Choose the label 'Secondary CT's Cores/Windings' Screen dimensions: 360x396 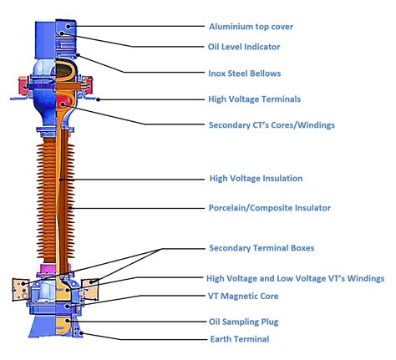tap(272, 125)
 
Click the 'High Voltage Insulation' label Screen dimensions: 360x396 tap(255, 178)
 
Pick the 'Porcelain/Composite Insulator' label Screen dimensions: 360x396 tap(269, 207)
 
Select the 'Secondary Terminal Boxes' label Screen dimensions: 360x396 tap(260, 248)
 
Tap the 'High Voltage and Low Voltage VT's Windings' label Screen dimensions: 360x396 tap(295, 277)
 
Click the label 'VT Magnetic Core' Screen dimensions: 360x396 tap(243, 296)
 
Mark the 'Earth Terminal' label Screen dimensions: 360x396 tap(238, 339)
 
